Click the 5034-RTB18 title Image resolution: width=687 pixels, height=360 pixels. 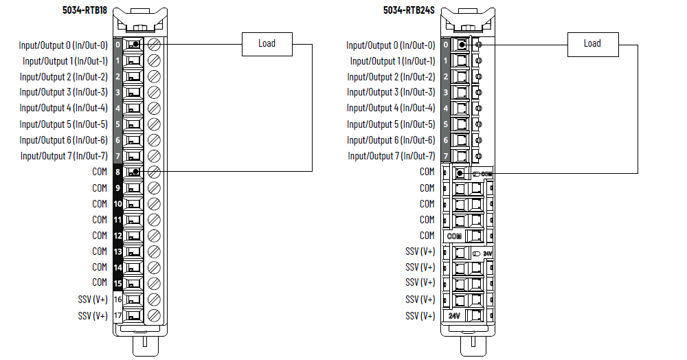click(x=85, y=11)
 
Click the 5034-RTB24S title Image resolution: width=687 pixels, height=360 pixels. click(x=412, y=11)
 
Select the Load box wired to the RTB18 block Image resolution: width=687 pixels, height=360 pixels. click(x=267, y=44)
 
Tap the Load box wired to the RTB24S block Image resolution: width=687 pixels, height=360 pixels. click(x=592, y=44)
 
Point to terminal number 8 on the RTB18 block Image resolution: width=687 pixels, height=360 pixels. click(x=117, y=172)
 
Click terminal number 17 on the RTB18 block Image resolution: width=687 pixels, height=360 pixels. click(x=117, y=316)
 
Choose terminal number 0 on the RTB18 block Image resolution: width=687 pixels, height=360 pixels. click(x=117, y=45)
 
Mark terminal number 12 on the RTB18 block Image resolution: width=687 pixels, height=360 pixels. click(x=117, y=236)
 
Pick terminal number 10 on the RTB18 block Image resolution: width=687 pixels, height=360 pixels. click(x=117, y=204)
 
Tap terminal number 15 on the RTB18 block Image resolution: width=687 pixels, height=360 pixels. click(x=117, y=283)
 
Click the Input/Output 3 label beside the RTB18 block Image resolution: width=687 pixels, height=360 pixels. click(x=63, y=92)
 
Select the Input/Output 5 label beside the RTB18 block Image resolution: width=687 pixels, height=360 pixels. click(x=63, y=124)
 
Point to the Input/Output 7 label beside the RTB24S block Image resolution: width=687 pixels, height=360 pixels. click(x=391, y=156)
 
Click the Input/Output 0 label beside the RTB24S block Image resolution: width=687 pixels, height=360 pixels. click(x=391, y=45)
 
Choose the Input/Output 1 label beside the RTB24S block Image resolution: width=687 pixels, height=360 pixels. click(x=391, y=61)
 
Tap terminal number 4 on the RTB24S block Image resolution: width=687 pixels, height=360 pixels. click(x=446, y=109)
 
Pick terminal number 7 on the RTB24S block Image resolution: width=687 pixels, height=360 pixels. click(x=446, y=156)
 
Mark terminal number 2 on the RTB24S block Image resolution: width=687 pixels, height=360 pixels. click(x=446, y=77)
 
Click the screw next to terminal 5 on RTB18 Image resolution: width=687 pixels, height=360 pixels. click(x=155, y=124)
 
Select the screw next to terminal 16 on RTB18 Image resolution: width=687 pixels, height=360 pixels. click(x=155, y=300)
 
